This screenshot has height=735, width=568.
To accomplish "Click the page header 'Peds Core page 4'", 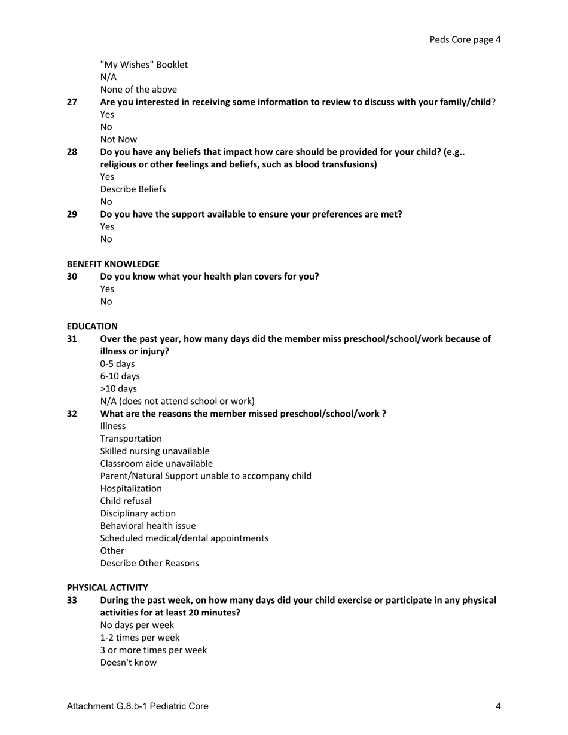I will [465, 40].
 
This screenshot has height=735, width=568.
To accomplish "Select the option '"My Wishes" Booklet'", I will [143, 65].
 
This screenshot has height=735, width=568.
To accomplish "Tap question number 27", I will [72, 102].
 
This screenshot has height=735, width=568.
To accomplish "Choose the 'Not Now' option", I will [118, 140].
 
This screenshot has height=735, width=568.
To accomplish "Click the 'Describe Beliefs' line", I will [133, 189].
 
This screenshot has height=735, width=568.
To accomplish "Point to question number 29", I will [72, 214].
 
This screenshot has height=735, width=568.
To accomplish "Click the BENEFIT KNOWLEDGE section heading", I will [113, 264].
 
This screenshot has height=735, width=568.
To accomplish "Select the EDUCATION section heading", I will [92, 326].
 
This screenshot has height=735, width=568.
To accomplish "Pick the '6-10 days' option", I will [120, 376].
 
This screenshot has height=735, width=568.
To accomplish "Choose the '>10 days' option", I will [118, 389].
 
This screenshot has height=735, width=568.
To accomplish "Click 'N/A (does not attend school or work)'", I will [177, 401].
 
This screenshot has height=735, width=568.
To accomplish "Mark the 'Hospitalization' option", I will [131, 488].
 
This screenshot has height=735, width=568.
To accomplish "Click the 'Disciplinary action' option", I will [138, 513].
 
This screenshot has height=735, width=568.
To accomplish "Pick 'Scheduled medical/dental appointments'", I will [184, 538].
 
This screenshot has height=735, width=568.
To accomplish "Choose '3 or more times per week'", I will [153, 650].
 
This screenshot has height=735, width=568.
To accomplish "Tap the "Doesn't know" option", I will [128, 663].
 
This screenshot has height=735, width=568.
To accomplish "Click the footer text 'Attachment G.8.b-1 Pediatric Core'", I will [138, 706].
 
